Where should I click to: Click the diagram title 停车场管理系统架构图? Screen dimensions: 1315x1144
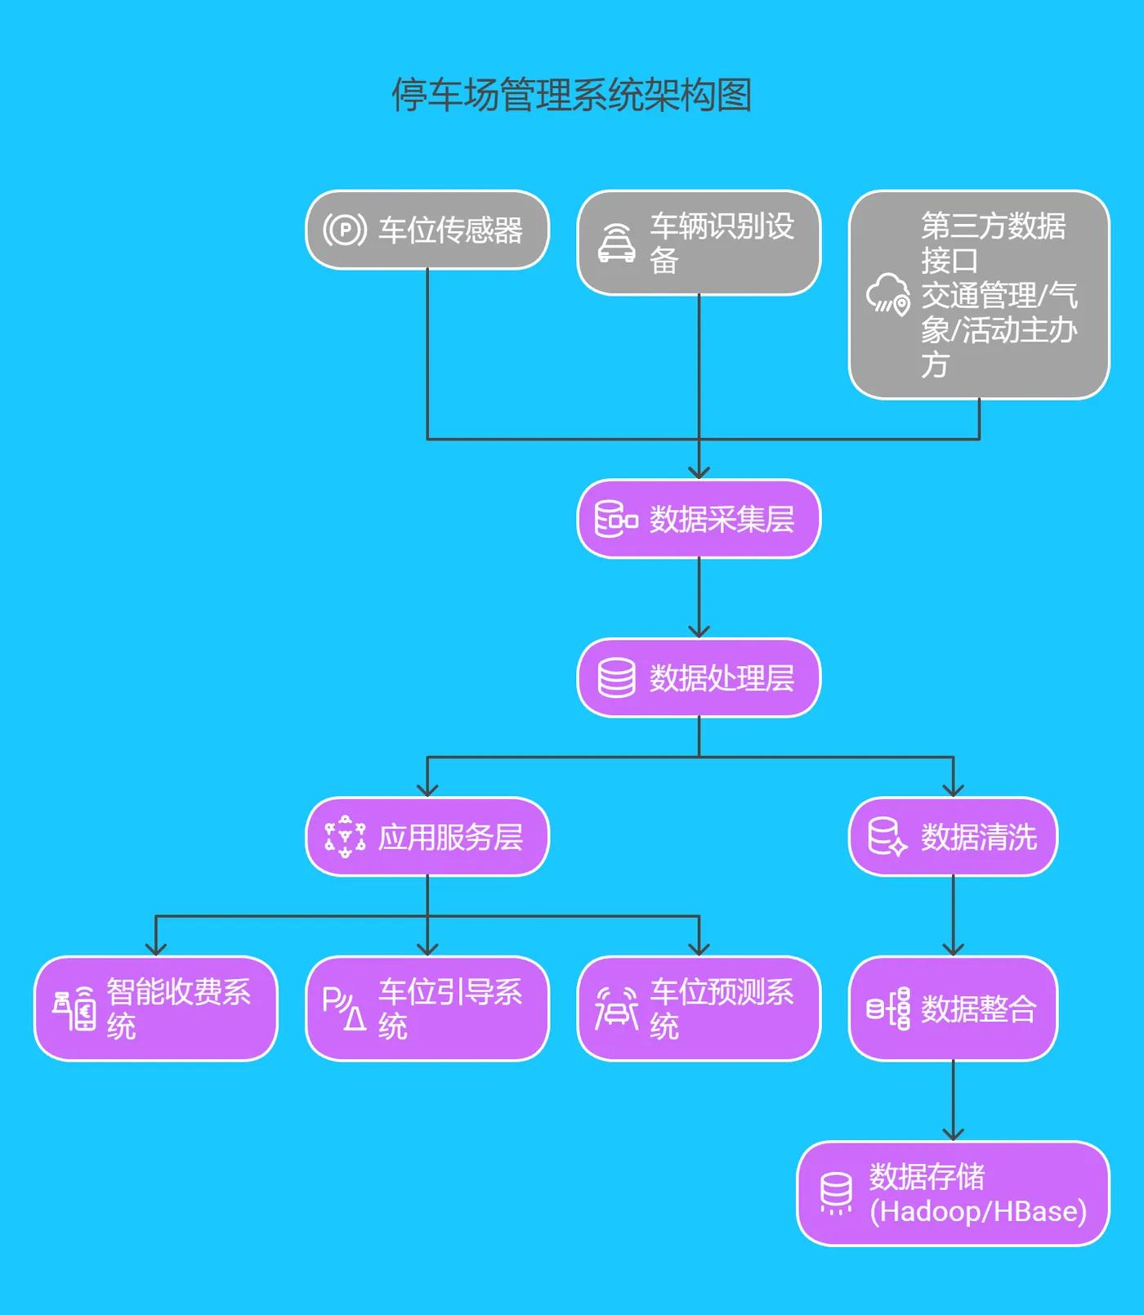coord(571,95)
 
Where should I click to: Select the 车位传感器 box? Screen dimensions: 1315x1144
coord(427,230)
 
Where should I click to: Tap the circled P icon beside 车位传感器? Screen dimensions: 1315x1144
coord(344,230)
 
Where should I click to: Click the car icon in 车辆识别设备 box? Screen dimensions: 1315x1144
coord(617,243)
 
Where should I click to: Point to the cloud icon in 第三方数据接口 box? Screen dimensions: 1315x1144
coord(887,294)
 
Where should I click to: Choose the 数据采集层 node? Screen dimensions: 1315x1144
coord(699,519)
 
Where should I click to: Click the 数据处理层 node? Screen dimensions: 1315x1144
coord(699,678)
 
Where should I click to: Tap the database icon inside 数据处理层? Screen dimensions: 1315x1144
coord(616,678)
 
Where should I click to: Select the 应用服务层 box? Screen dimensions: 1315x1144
coord(427,837)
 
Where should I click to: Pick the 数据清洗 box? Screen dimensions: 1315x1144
coord(953,837)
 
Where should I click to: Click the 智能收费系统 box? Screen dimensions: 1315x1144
coord(156,1009)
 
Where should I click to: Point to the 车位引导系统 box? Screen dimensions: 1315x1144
coord(427,1009)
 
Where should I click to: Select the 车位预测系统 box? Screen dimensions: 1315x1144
coord(699,1009)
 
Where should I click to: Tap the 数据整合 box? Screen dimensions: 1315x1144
coord(953,1009)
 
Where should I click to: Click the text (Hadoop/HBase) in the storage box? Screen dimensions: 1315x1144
coord(977,1211)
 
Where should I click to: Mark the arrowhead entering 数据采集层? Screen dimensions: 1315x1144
coord(699,472)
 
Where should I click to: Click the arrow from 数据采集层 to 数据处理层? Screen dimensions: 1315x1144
coord(699,597)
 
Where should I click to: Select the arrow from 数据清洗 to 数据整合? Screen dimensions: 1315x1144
coord(953,915)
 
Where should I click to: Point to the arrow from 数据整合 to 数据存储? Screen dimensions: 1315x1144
coord(953,1100)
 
